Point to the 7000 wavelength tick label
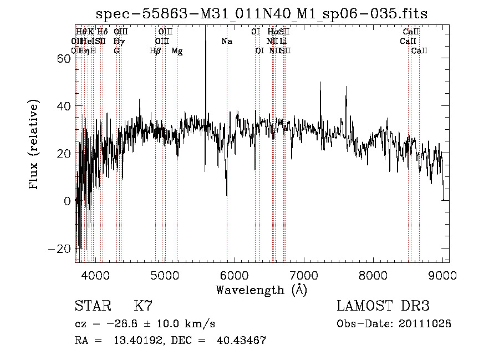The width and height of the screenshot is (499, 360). click(304, 275)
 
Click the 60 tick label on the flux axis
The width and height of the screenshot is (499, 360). click(63, 59)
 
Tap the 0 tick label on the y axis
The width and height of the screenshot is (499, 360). click(68, 201)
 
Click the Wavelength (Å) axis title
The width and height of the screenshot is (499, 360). click(261, 290)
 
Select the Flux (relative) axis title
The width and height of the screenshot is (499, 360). click(35, 145)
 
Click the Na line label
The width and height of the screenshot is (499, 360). click(226, 42)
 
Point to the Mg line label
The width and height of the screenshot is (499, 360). click(177, 51)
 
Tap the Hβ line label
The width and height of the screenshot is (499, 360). click(155, 51)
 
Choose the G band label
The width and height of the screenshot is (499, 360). click(116, 51)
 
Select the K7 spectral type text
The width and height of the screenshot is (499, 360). click(143, 306)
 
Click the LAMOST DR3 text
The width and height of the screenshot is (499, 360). click(383, 306)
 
